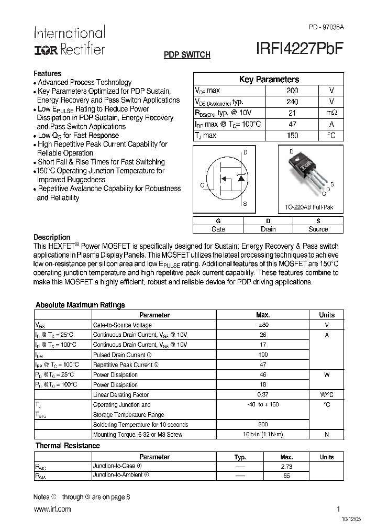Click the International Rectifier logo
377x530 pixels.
[69, 41]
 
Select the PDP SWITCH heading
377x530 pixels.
[187, 54]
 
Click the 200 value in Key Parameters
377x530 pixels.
[292, 91]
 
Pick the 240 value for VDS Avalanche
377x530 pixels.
[292, 102]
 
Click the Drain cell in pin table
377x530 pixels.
[268, 229]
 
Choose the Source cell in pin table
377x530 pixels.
[318, 229]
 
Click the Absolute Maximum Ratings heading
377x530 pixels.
[80, 305]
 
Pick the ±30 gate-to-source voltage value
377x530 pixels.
[263, 325]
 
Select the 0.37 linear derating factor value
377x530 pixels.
[263, 395]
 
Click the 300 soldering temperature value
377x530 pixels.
[263, 425]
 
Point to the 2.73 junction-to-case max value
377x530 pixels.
[286, 466]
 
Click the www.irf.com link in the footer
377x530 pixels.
[52, 509]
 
